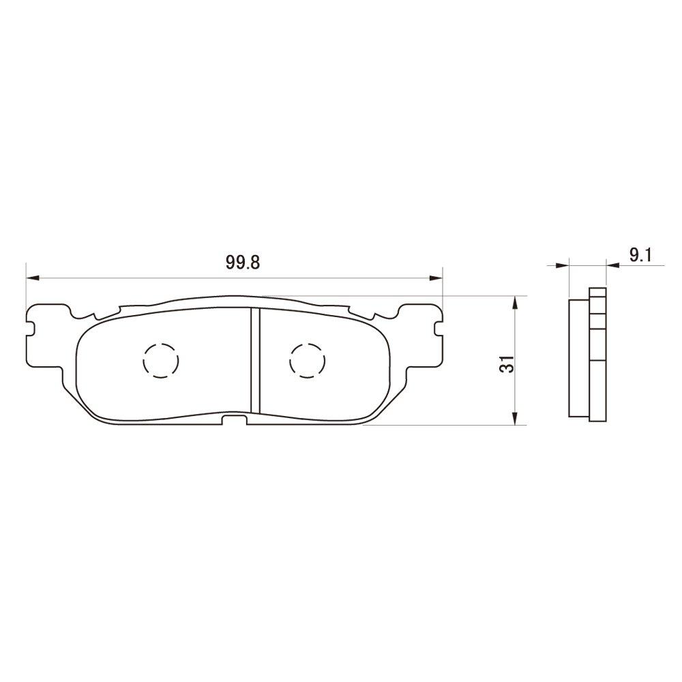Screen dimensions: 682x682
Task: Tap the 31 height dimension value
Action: click(x=506, y=364)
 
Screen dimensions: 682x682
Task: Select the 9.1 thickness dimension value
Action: click(x=641, y=256)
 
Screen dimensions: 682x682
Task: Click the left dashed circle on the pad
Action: click(x=161, y=359)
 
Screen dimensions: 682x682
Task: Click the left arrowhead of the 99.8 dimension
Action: click(x=31, y=278)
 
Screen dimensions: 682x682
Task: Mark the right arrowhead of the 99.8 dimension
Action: click(x=436, y=278)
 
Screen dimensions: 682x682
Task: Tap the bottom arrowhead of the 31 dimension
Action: click(x=516, y=420)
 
